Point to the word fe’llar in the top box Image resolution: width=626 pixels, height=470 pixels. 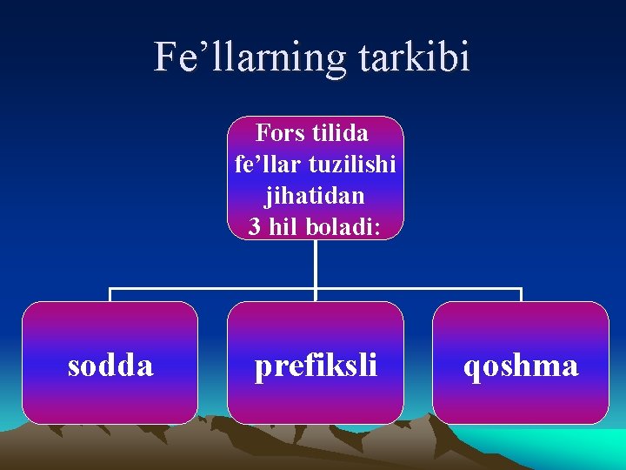[263, 164]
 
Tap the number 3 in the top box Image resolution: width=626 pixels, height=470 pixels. [254, 226]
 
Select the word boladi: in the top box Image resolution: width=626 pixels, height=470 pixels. [340, 226]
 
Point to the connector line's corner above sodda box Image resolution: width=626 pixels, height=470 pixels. [110, 289]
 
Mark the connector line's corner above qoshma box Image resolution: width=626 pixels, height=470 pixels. [521, 289]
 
